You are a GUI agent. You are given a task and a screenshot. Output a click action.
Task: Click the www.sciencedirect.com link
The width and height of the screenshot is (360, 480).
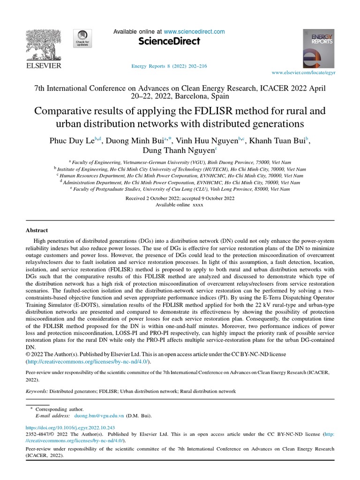point(195,32)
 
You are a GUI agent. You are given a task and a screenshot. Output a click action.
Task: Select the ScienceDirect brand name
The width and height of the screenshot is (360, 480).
point(169,42)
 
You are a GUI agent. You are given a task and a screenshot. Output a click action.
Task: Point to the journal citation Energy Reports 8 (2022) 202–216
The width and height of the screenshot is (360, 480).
point(169,66)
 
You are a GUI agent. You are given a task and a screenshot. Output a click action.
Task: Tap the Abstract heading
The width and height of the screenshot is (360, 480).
point(37,230)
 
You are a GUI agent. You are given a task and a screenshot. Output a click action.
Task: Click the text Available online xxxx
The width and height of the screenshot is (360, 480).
point(180,205)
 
